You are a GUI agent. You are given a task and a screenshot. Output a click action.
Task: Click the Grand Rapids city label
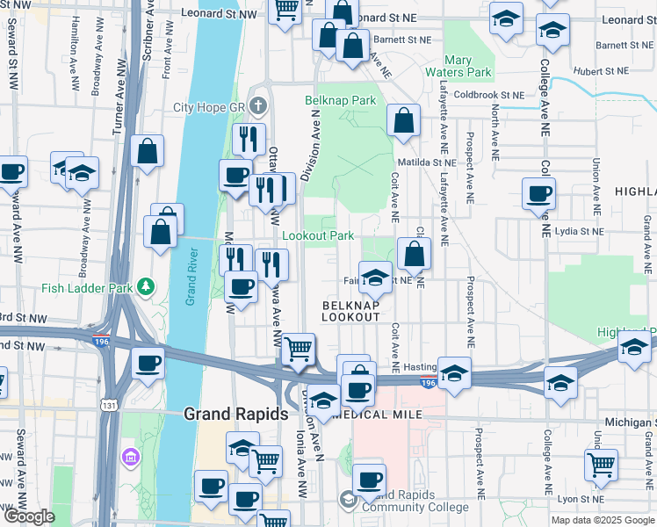coord(235,413)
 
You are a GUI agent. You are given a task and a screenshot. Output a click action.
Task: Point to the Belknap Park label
coord(340,101)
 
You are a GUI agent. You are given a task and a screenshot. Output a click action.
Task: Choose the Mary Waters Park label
coord(456,66)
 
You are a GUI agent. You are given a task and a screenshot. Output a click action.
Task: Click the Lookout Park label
coord(318,235)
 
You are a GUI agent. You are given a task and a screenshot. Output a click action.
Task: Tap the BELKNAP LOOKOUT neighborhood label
coord(351,310)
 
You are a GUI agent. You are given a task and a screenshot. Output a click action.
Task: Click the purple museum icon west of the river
coord(132,457)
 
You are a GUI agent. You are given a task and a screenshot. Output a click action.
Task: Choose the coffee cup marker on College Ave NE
coord(538,194)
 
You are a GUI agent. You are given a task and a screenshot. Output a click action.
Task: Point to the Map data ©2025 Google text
coord(603,520)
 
